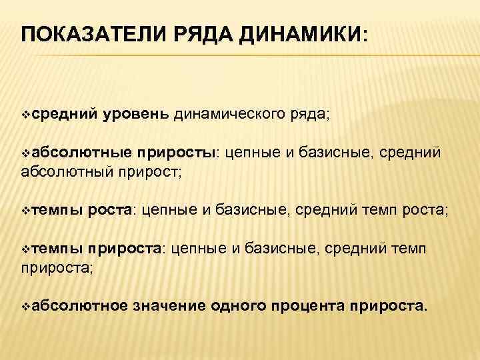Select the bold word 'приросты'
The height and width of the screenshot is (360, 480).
click(181, 153)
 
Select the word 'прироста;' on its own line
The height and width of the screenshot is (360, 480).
click(50, 267)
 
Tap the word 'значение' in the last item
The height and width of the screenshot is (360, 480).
click(169, 306)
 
